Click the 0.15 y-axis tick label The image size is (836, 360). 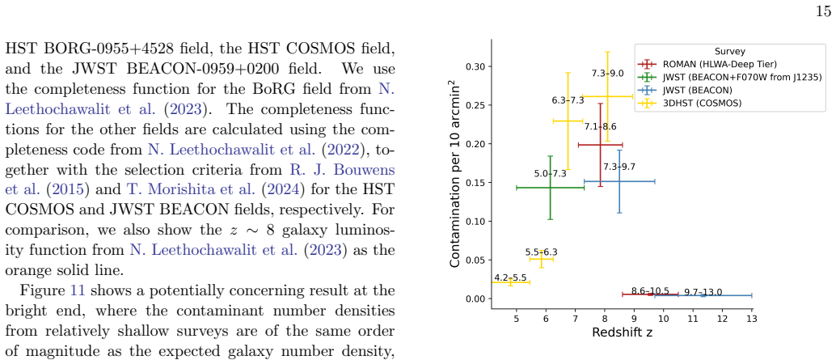click(x=475, y=182)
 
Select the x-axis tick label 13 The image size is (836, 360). click(x=752, y=319)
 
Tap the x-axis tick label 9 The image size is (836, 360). click(x=634, y=319)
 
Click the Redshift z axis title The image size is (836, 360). click(x=623, y=332)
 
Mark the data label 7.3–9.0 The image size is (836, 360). click(x=607, y=74)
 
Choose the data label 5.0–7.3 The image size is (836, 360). click(x=550, y=174)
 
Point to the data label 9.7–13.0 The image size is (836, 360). click(x=703, y=292)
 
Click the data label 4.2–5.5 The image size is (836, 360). click(x=510, y=277)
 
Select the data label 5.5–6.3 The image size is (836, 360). click(x=542, y=252)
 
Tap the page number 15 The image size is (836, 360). click(x=823, y=12)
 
